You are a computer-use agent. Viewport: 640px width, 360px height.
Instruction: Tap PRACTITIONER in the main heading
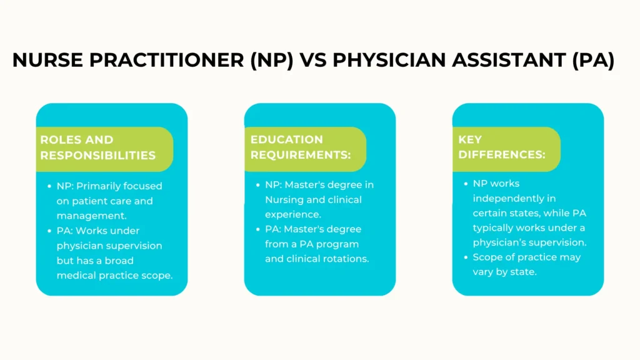166,60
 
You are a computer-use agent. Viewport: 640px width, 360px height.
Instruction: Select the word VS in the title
314,60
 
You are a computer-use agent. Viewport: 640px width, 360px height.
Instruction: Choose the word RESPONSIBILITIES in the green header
98,156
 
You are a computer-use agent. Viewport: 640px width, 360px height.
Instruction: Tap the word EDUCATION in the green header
286,139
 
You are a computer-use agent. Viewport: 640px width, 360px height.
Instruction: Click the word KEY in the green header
470,139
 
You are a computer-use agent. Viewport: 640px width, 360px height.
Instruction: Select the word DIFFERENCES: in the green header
502,155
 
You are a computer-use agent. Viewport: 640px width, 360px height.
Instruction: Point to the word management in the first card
91,216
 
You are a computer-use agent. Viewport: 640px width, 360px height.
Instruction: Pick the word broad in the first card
119,261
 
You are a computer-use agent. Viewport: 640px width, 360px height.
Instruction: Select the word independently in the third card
514,199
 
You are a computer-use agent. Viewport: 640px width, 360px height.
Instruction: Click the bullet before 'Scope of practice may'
466,257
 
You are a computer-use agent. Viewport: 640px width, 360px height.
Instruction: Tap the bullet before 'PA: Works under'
49,231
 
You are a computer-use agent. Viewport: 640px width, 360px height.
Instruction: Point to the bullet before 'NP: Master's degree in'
257,185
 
